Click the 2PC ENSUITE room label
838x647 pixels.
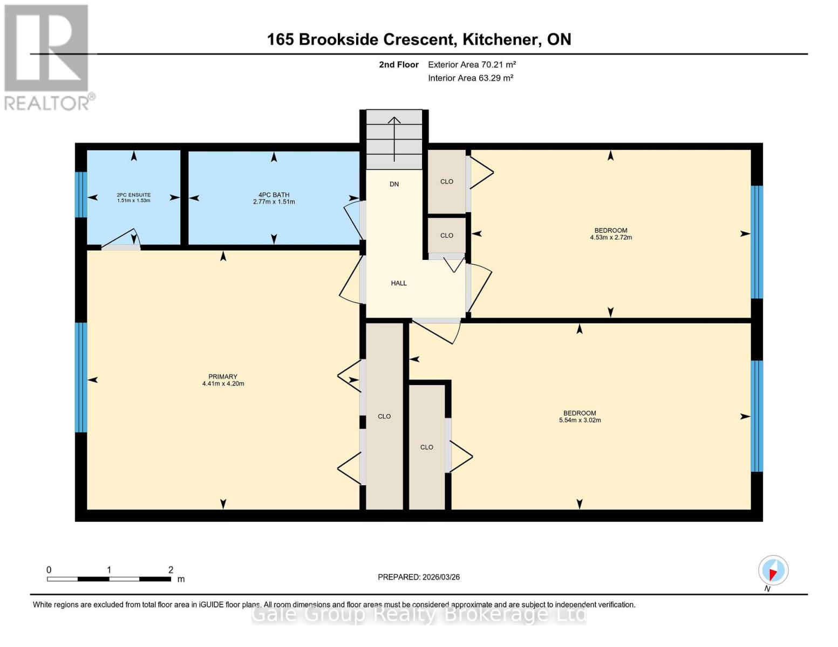click(133, 195)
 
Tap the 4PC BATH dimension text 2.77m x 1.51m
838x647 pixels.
click(274, 202)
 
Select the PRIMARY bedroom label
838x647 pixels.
click(222, 376)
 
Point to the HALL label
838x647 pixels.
click(399, 283)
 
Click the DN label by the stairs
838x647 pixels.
click(394, 184)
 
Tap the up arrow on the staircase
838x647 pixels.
click(394, 140)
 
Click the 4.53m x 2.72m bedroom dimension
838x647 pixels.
click(611, 237)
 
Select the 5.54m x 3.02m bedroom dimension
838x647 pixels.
click(580, 420)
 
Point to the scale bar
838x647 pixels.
click(109, 579)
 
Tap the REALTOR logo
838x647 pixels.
click(47, 57)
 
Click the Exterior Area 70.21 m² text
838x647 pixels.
click(472, 65)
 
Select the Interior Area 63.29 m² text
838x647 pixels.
click(471, 78)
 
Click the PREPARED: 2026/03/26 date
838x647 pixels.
click(419, 577)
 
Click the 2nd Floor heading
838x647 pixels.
click(399, 65)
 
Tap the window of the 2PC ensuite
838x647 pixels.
click(81, 195)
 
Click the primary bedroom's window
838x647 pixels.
click(81, 377)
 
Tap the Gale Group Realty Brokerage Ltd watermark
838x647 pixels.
click(419, 614)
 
